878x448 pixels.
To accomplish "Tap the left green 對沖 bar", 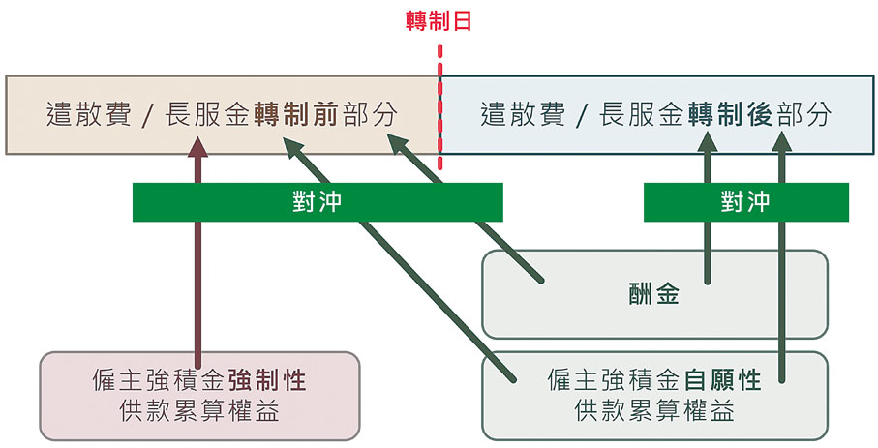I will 318,201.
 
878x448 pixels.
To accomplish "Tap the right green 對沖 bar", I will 745,201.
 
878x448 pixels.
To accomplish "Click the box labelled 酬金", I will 654,295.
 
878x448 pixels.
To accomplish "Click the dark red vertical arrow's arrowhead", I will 198,145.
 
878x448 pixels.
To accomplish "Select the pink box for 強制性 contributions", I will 198,395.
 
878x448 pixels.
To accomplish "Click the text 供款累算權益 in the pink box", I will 197,411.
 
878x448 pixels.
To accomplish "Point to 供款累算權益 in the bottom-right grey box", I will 654,411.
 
